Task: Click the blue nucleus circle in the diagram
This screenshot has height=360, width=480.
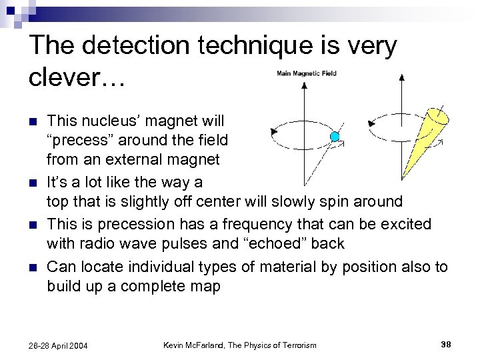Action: point(335,137)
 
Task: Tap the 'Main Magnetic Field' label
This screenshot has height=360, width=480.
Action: point(307,73)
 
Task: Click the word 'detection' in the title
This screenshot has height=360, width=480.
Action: point(147,46)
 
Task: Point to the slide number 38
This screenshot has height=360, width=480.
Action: point(447,344)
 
